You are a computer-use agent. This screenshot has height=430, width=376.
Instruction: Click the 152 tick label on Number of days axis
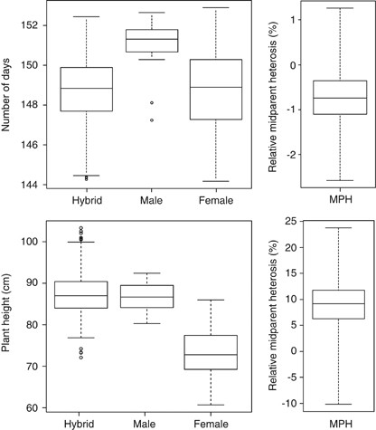(x=28, y=25)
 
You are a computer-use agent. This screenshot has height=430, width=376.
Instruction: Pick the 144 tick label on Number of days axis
(x=28, y=185)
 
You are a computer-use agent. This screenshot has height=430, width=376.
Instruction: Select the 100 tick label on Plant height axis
(x=28, y=243)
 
